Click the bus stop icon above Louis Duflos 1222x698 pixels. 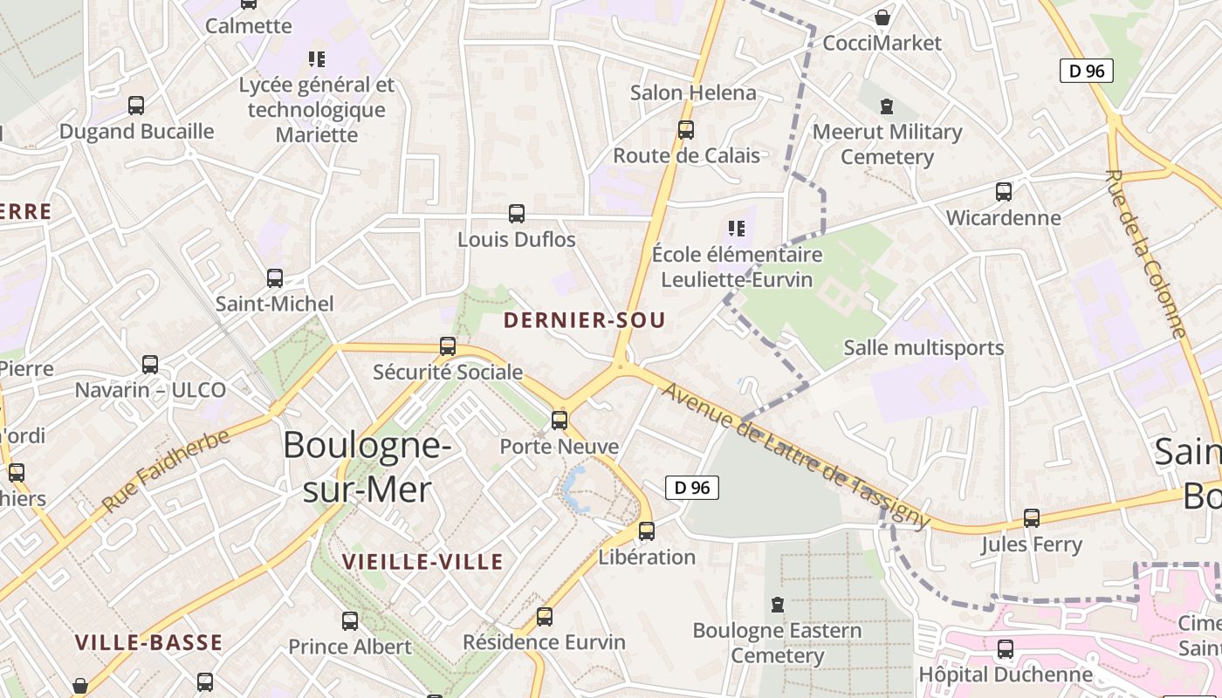pos(517,214)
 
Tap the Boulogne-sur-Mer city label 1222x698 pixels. pos(367,467)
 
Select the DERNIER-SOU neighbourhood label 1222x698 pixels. pos(584,320)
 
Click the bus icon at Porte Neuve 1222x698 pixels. pos(560,421)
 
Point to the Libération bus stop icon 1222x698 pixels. pos(647,531)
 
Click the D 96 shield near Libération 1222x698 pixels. pos(692,488)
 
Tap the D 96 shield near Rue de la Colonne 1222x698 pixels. pos(1087,71)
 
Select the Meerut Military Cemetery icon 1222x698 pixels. pos(887,107)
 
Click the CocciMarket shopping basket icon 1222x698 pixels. pos(882,18)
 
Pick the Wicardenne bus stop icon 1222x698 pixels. pos(1004,192)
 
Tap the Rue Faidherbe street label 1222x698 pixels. pos(165,470)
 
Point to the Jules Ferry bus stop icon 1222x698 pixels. pos(1032,518)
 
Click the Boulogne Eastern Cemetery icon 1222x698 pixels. pos(778,605)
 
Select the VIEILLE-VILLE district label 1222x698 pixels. pos(422,561)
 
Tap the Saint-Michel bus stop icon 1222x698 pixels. pos(275,278)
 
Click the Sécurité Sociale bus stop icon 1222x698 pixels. pos(448,346)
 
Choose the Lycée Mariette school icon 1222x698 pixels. pos(317,59)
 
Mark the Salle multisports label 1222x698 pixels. pos(923,348)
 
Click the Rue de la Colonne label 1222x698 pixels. pos(1145,253)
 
